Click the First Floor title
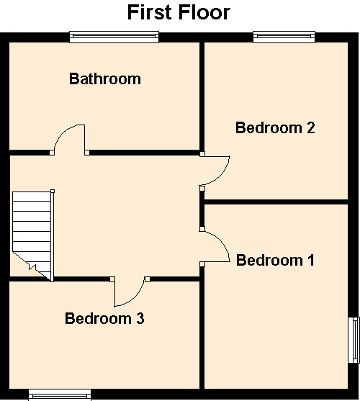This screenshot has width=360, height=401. coord(179,12)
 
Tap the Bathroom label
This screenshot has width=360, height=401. coord(105,78)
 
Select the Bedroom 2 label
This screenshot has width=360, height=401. coord(275,127)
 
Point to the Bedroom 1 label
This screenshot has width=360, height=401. coord(275,261)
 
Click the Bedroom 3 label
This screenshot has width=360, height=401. coord(104,319)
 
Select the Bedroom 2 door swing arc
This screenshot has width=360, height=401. coord(222,175)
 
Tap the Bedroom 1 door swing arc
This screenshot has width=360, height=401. coord(222,241)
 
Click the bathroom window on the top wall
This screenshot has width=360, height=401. coord(114,37)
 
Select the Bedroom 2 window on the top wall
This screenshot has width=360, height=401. coord(284,37)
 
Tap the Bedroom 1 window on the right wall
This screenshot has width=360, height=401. coord(354,340)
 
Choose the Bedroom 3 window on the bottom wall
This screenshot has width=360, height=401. coord(60,395)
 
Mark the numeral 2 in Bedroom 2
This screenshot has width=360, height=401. coord(311,127)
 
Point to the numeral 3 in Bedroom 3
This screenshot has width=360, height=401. coord(140,319)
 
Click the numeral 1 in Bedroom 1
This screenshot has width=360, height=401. coord(311,261)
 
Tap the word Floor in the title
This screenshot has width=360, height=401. coord(204,12)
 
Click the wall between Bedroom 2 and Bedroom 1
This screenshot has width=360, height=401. coord(276,202)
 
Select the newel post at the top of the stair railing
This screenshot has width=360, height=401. coord(53,191)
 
